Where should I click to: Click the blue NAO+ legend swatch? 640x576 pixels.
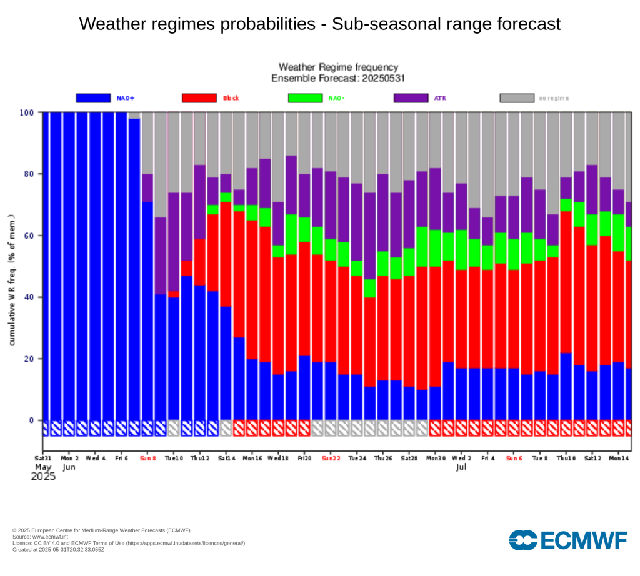coord(93,98)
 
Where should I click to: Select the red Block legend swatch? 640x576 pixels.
coord(199,98)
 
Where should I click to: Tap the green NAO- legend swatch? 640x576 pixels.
coord(305,98)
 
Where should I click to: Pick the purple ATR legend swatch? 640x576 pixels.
coord(411,98)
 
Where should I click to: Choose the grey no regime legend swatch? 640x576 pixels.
coord(517,98)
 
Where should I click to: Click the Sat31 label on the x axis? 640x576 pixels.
coord(43,458)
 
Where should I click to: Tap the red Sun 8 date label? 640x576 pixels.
coord(148,458)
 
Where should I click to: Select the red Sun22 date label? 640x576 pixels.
coord(331,458)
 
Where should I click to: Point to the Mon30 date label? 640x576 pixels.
coord(436,458)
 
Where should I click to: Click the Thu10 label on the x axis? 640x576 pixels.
coord(566,458)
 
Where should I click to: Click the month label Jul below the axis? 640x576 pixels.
coord(461,467)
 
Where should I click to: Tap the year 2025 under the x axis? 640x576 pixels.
coord(43,477)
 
